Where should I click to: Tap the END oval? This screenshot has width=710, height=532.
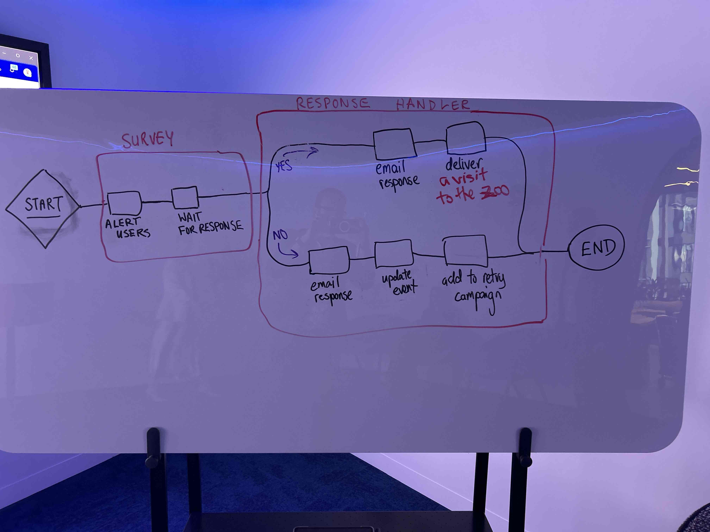click(x=597, y=248)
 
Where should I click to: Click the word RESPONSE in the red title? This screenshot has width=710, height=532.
click(x=332, y=103)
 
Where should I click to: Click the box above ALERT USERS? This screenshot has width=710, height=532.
click(x=124, y=203)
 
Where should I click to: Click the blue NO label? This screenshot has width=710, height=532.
click(x=280, y=235)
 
